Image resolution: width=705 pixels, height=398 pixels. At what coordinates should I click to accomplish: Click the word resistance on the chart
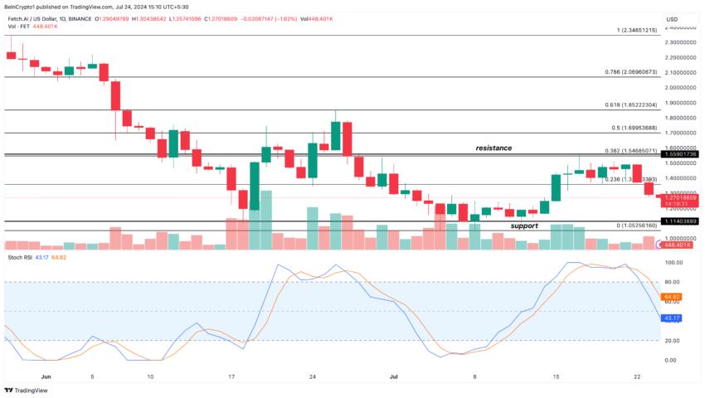click(494, 148)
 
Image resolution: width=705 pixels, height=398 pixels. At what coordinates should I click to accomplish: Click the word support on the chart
click(523, 226)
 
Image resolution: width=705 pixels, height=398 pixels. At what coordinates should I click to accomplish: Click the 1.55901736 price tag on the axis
click(682, 155)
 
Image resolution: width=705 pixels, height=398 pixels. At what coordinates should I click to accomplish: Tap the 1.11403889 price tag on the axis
click(682, 221)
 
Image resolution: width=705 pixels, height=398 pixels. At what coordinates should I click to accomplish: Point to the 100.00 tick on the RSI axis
click(673, 263)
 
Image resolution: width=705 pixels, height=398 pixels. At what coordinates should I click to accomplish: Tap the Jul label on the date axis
click(395, 376)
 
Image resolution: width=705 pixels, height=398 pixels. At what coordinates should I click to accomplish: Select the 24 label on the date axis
click(312, 376)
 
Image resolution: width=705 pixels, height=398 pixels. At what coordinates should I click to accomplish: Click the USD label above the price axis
click(672, 19)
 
